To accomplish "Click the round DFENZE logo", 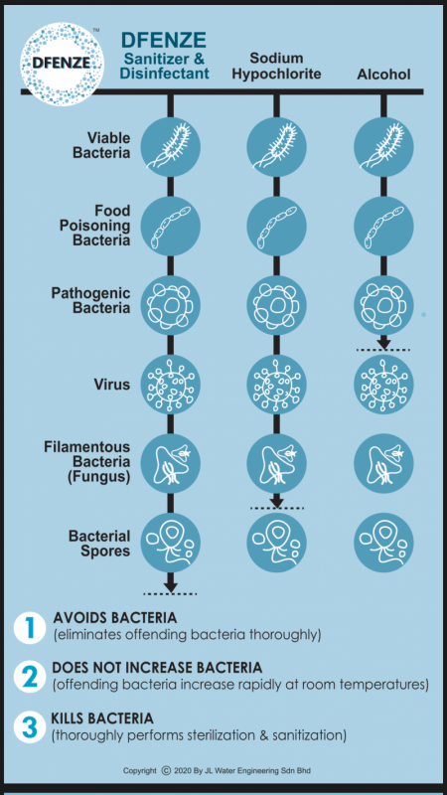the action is (62, 64).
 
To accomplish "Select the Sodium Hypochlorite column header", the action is (276, 66).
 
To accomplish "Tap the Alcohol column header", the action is (383, 75).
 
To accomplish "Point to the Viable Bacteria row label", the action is (101, 145).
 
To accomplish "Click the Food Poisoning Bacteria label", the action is (94, 226).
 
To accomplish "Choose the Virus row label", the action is (112, 385).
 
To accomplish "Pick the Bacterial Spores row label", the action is (100, 543).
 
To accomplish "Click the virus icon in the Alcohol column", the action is (383, 385).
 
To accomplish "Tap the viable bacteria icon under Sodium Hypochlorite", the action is (277, 146).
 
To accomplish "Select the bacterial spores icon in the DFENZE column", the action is (170, 543).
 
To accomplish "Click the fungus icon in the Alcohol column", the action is (383, 464).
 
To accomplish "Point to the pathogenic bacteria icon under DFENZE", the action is (170, 306).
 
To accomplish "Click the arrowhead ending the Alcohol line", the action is (383, 343).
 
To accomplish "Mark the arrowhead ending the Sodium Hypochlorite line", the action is (277, 502).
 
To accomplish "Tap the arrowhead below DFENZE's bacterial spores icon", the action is (170, 586).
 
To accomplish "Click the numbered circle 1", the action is (30, 628).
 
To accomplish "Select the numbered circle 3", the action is (30, 727).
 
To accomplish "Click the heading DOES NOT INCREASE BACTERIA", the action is (157, 668).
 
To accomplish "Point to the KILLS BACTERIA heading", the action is (102, 718).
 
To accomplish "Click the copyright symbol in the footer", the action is (165, 771).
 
